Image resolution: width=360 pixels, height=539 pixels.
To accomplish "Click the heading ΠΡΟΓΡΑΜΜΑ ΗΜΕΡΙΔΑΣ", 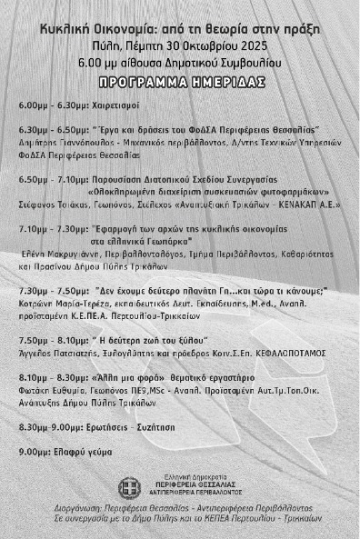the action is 180,80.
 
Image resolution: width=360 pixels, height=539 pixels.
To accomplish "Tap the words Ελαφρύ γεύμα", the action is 74,451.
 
